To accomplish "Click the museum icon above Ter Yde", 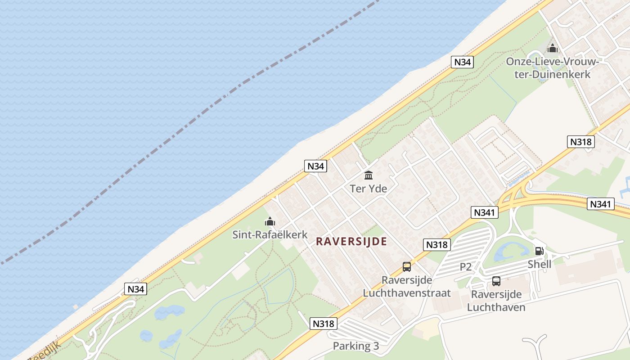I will click(369, 175).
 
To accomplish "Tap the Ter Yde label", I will click(369, 189).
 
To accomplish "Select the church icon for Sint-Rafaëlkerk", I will click(270, 221).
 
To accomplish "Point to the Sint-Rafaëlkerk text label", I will click(270, 234).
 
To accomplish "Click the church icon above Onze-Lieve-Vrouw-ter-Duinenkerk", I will click(553, 48).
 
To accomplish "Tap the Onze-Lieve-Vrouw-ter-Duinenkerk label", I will click(553, 67).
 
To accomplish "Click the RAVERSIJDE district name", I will click(351, 242).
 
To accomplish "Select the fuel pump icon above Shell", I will click(539, 251).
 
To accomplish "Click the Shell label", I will click(539, 264).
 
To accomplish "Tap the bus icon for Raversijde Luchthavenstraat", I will click(407, 267).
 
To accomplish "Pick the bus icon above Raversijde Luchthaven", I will click(496, 281).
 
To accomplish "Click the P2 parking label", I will click(466, 267).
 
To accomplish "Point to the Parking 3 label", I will click(356, 346).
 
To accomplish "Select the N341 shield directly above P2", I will click(485, 212).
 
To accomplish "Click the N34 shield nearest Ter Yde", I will click(315, 166).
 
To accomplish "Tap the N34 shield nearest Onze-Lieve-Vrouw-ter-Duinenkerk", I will click(462, 62).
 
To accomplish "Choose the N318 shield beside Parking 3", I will click(324, 323).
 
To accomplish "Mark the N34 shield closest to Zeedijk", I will click(135, 289).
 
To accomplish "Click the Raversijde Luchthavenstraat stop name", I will click(407, 287).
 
